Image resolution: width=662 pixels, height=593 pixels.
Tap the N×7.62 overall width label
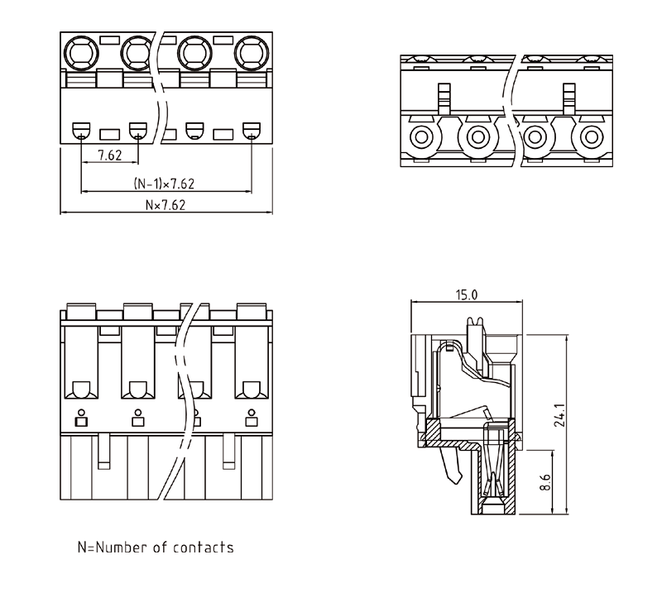pos(165,204)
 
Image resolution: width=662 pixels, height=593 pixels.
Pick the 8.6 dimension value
pos(544,481)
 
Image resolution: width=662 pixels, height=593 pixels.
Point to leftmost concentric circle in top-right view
pos(421,136)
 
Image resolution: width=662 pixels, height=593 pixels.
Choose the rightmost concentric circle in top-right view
pos(592,136)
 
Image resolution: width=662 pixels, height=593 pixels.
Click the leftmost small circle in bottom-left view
pos(81,411)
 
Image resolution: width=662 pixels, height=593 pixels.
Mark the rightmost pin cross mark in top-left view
pos(252,136)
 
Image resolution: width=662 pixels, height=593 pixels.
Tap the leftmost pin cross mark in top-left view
pos(81,136)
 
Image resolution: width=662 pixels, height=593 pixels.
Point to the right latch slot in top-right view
pos(568,97)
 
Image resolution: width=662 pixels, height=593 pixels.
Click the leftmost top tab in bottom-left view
pos(80,311)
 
